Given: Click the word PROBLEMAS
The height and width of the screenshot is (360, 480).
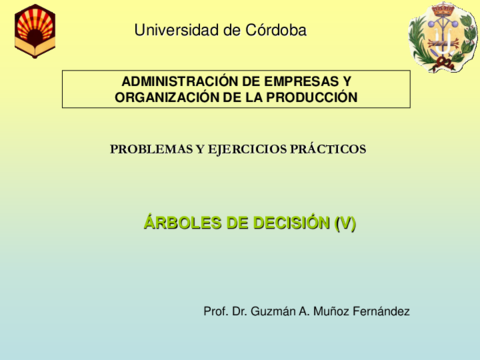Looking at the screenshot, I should pyautogui.click(x=151, y=149).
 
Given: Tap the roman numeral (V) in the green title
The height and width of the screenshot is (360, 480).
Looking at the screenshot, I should pyautogui.click(x=345, y=223).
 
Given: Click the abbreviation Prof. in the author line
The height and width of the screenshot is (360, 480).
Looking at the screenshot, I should pyautogui.click(x=215, y=311).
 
